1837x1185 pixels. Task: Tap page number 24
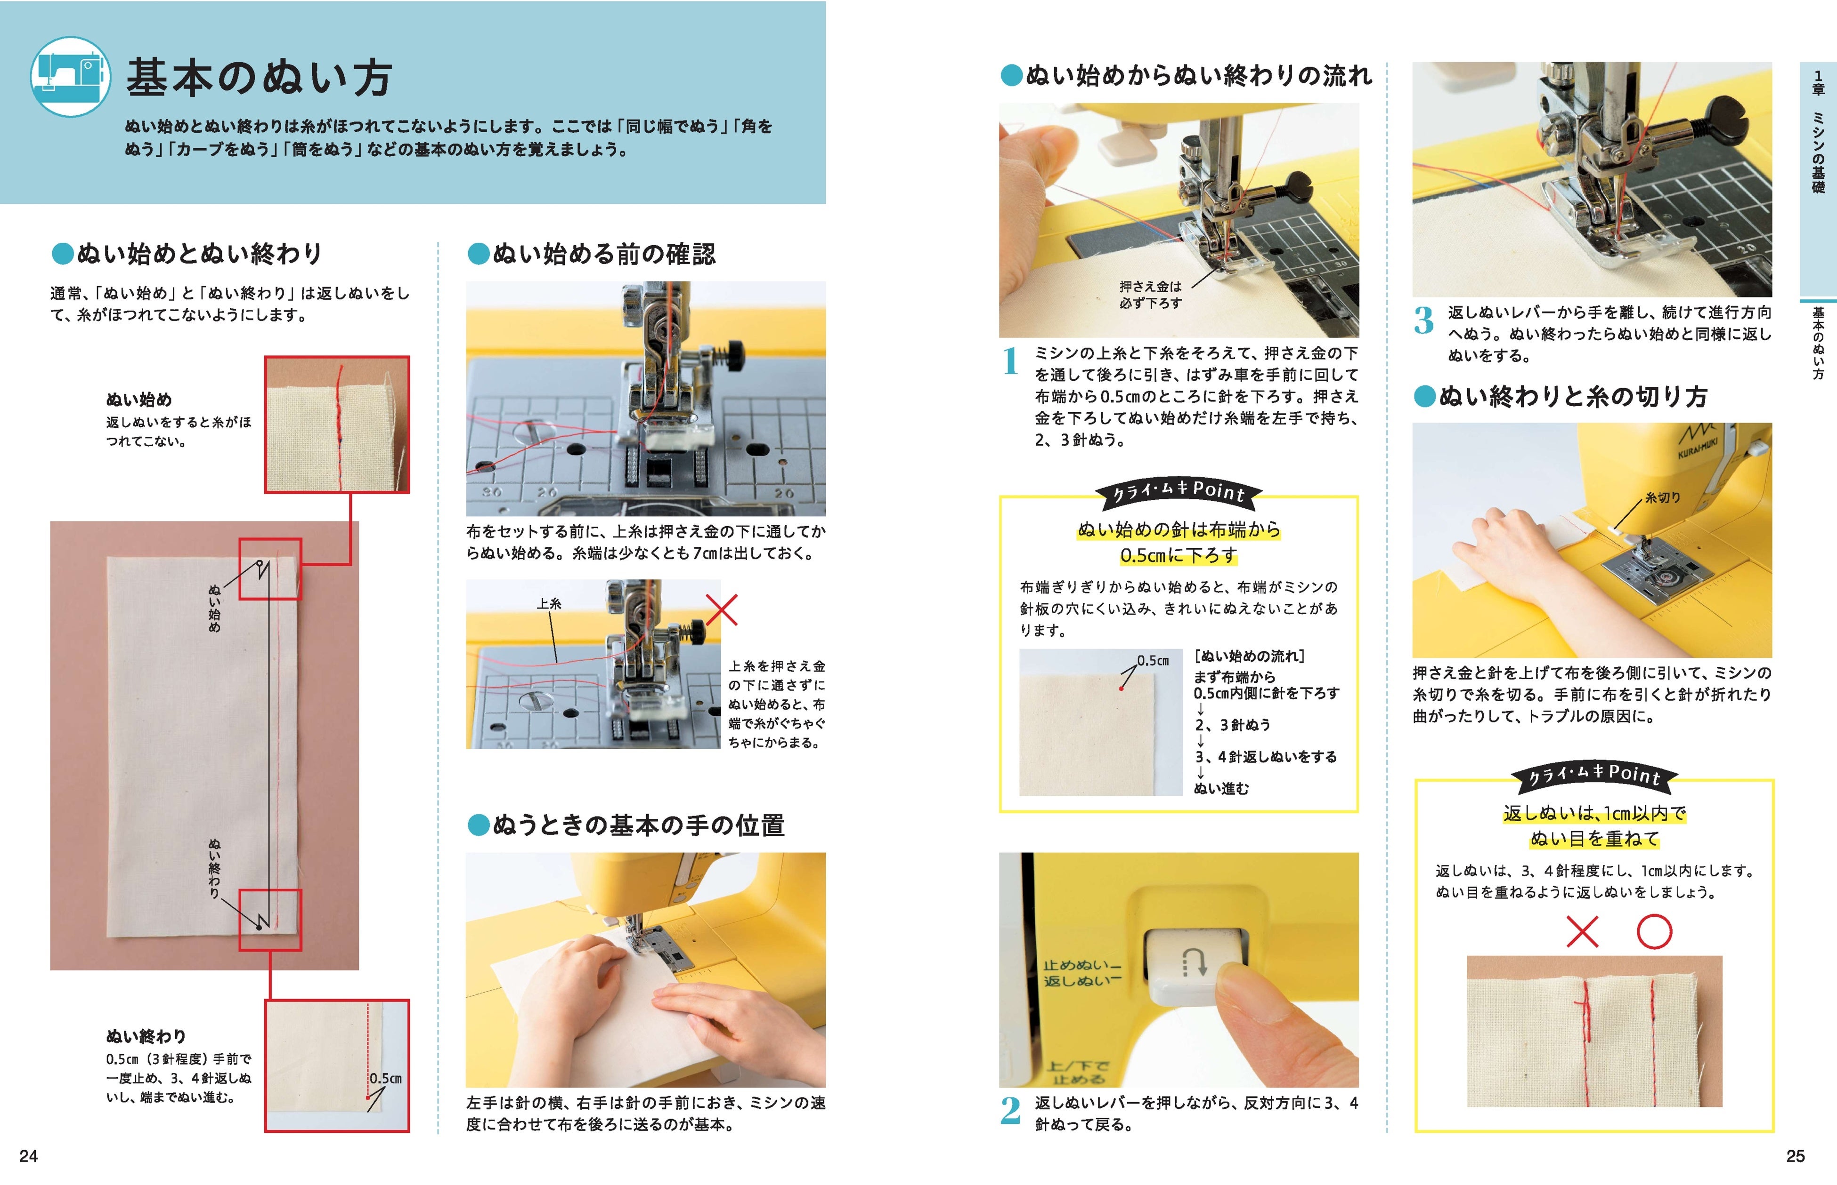coord(28,1156)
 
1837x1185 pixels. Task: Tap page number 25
coord(1796,1156)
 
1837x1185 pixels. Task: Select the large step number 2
coord(1011,1110)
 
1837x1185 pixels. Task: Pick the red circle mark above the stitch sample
coord(1654,932)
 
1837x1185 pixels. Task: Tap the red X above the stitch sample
coord(1582,932)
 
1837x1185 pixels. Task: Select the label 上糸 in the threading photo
coord(549,604)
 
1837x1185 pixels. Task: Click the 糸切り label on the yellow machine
coord(1662,498)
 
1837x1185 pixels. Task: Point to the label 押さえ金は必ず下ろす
coord(1150,295)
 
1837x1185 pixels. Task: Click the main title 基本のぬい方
coord(260,79)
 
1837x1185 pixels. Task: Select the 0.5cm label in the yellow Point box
coord(1153,660)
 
